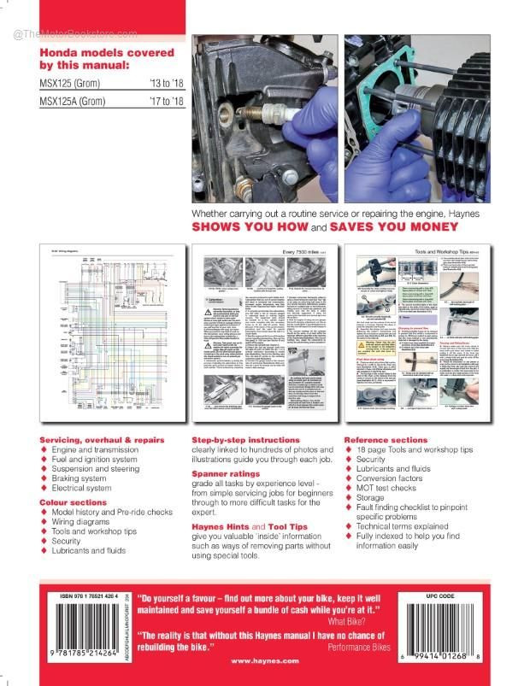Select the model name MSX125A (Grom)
pos(76,102)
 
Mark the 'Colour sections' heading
pos(74,502)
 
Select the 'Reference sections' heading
pos(387,439)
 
